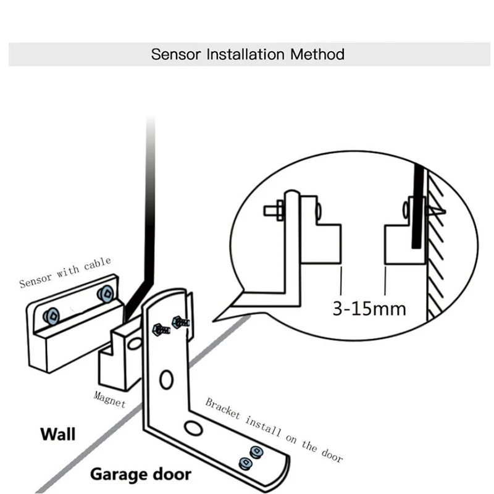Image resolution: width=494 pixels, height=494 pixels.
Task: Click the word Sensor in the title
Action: click(x=177, y=54)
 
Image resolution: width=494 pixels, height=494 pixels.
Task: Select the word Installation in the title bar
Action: click(x=243, y=54)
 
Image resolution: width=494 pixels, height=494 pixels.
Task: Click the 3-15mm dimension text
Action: click(x=369, y=308)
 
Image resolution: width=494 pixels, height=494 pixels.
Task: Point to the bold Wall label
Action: click(x=57, y=433)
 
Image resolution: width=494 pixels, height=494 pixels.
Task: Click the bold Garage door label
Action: click(x=141, y=475)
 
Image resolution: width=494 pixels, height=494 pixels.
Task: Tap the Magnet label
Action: click(x=109, y=399)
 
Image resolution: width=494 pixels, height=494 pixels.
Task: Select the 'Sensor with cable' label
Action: click(x=65, y=273)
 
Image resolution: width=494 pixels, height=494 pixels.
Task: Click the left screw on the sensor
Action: click(x=51, y=316)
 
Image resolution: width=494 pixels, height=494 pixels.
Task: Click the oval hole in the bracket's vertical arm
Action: click(x=165, y=378)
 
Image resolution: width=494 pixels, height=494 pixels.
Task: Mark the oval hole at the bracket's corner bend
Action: click(x=194, y=428)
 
